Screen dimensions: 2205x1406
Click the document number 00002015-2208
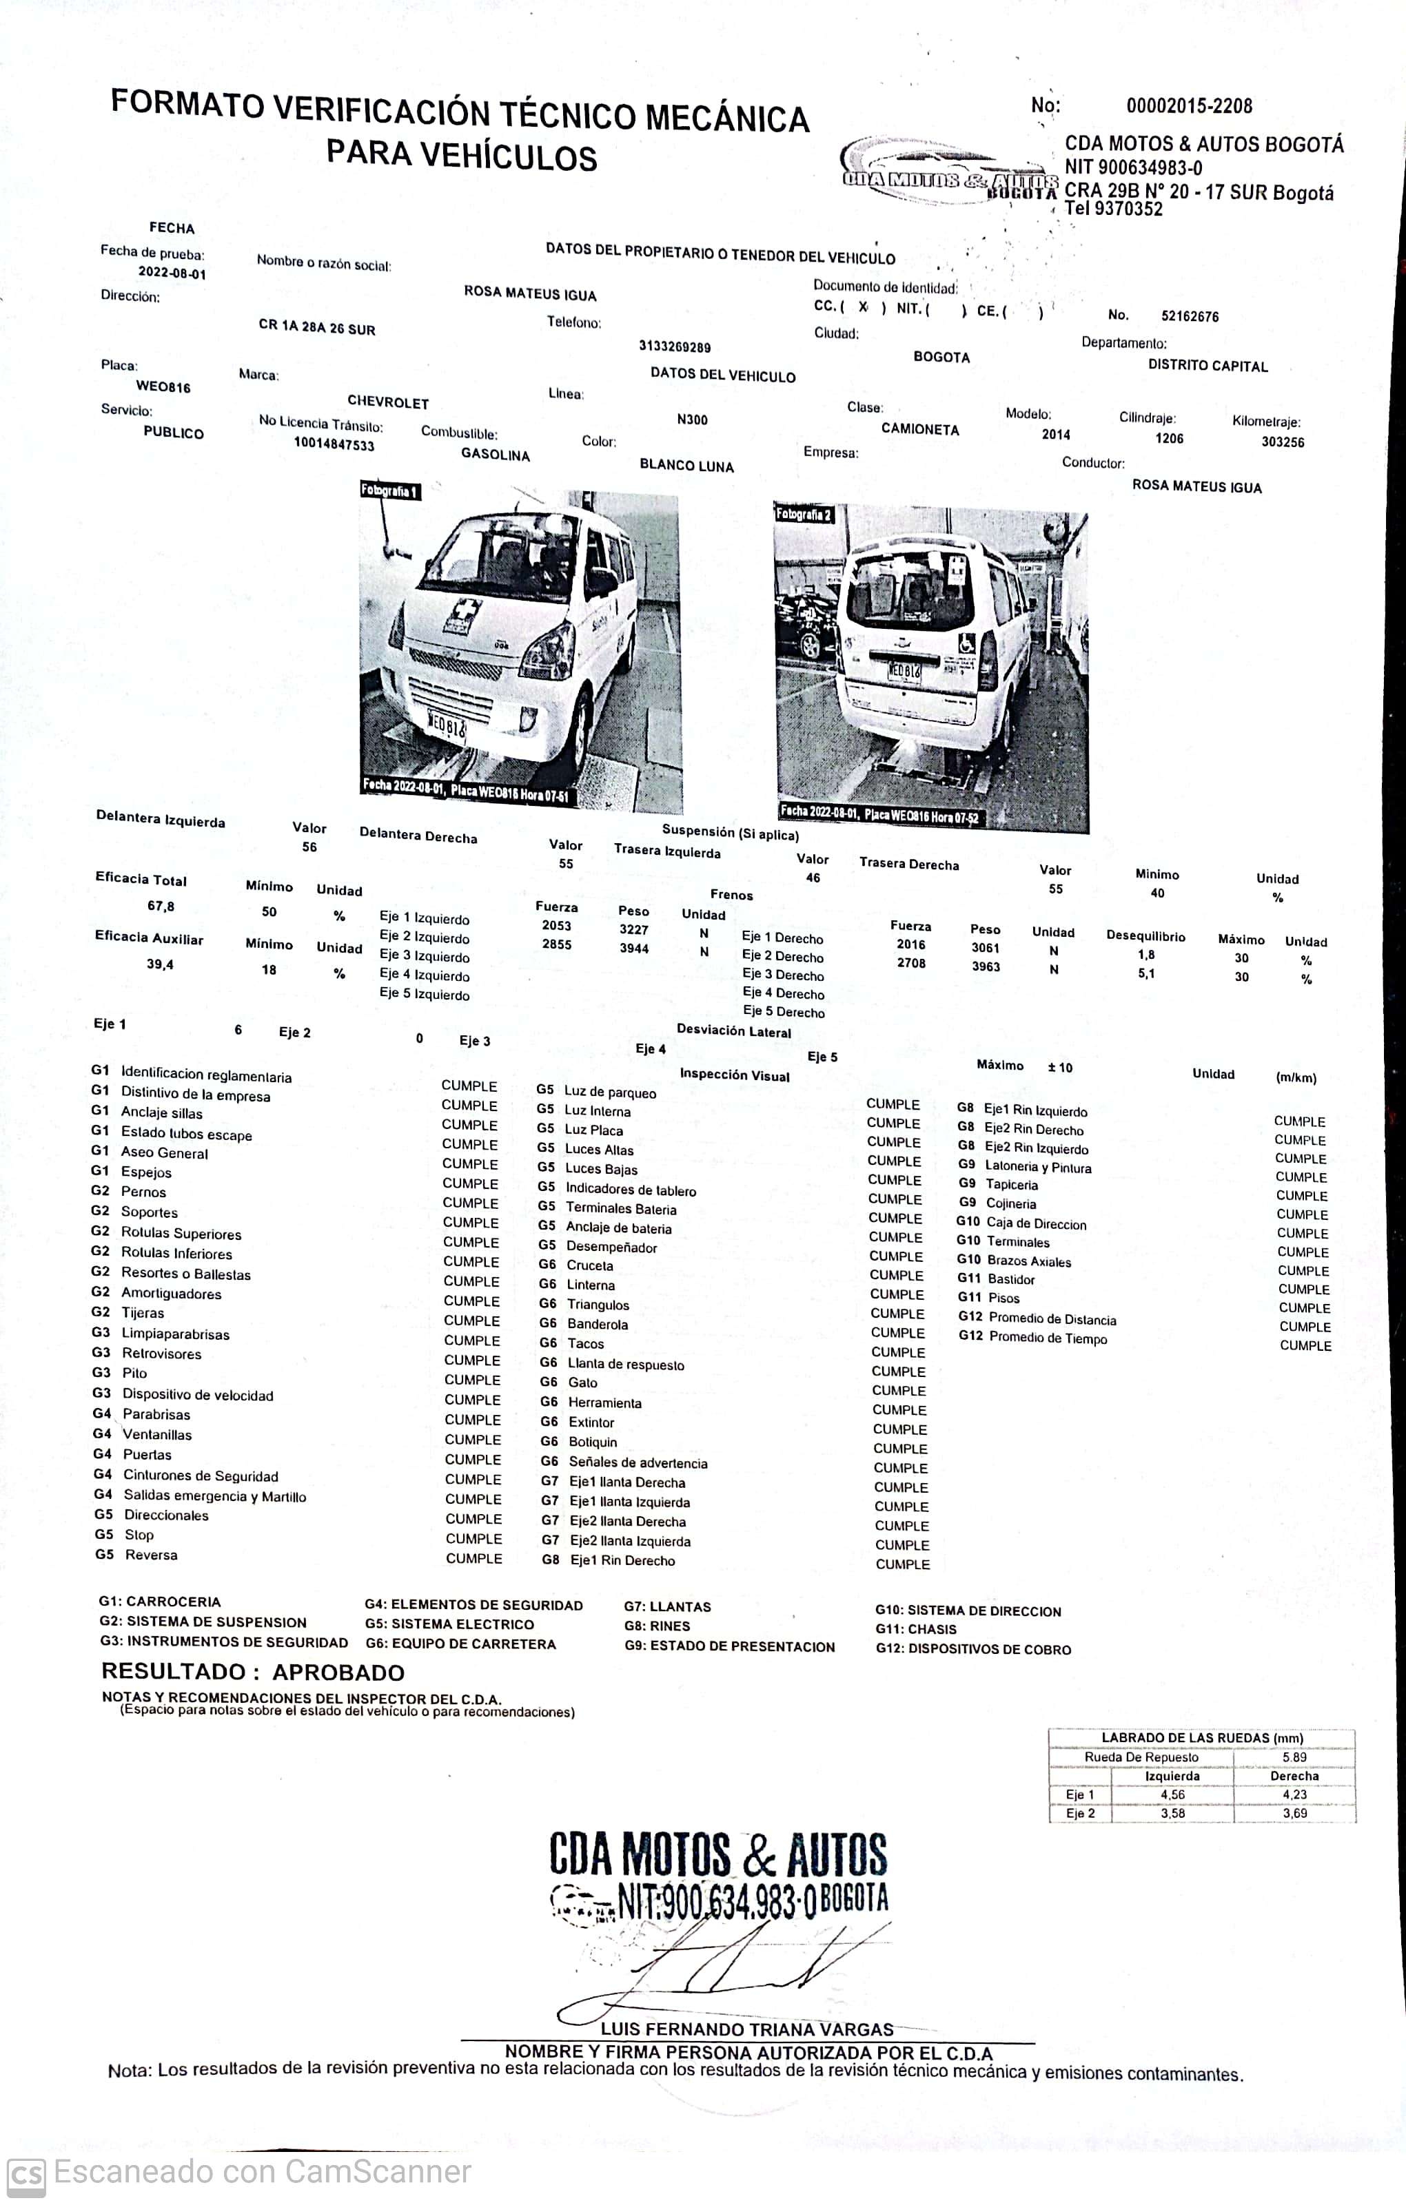click(x=1189, y=106)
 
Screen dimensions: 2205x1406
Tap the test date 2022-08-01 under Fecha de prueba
click(x=172, y=273)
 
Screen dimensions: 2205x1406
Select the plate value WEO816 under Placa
click(x=163, y=387)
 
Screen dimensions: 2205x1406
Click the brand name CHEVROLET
click(x=387, y=403)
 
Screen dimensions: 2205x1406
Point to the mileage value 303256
click(x=1283, y=442)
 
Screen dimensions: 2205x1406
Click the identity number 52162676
click(x=1190, y=317)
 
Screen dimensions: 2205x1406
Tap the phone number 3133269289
click(x=674, y=347)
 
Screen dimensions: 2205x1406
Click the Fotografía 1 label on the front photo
click(x=389, y=491)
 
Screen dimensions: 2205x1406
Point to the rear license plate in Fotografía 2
click(x=904, y=670)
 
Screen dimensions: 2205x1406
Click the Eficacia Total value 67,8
click(x=161, y=907)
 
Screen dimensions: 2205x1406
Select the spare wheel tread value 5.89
click(x=1294, y=1757)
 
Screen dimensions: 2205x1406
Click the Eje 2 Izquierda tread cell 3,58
click(x=1172, y=1813)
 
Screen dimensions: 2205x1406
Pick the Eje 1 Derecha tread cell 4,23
click(x=1294, y=1794)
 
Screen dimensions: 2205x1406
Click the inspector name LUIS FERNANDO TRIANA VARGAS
click(x=746, y=2029)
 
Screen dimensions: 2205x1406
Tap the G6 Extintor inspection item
click(x=591, y=1422)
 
